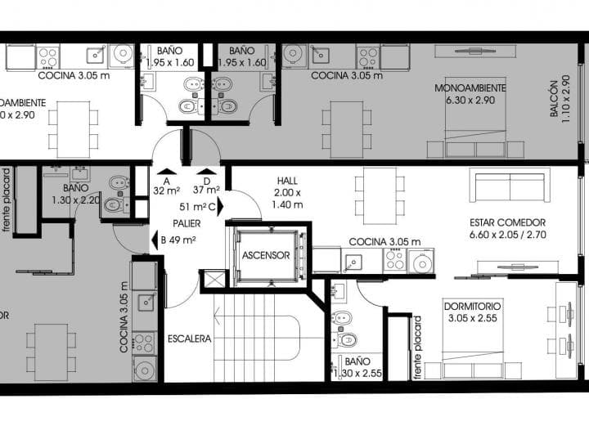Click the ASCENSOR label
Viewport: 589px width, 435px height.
tap(265, 255)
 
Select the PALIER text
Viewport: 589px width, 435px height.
tap(186, 222)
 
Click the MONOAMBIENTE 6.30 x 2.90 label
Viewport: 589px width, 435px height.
tap(470, 93)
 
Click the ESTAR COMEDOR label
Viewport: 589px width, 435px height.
tap(507, 228)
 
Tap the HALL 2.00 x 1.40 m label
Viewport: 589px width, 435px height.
tap(287, 193)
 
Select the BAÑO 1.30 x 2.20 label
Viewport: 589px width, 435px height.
tap(80, 193)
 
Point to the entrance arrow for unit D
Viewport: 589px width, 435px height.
tap(206, 171)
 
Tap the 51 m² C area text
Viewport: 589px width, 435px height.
tap(196, 207)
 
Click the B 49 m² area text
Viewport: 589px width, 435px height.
tap(173, 240)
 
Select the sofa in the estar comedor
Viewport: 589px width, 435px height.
tap(510, 186)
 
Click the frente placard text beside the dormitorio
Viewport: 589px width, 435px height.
tap(417, 348)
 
